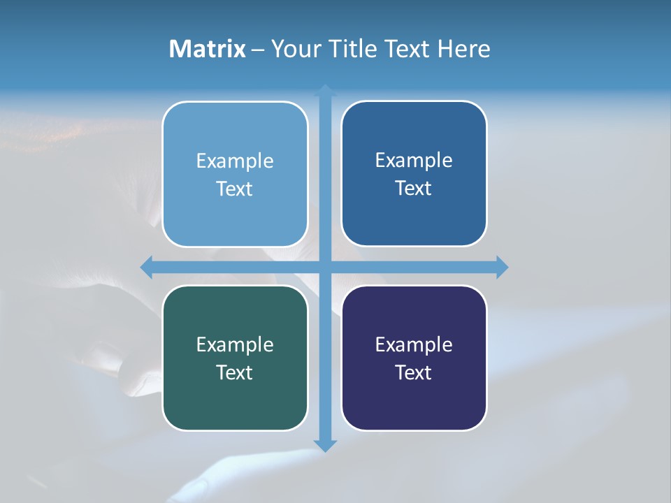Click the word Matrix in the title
[x=207, y=49]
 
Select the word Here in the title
[x=463, y=49]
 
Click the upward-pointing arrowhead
[x=325, y=89]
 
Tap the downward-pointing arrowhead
[x=325, y=446]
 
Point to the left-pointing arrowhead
[x=146, y=267]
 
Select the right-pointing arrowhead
[x=503, y=267]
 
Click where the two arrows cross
[x=325, y=267]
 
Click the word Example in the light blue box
[x=235, y=161]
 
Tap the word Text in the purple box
[x=414, y=373]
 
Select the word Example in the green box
[x=235, y=345]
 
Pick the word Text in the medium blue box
[x=414, y=189]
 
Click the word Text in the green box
[x=235, y=373]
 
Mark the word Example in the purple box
[x=414, y=345]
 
